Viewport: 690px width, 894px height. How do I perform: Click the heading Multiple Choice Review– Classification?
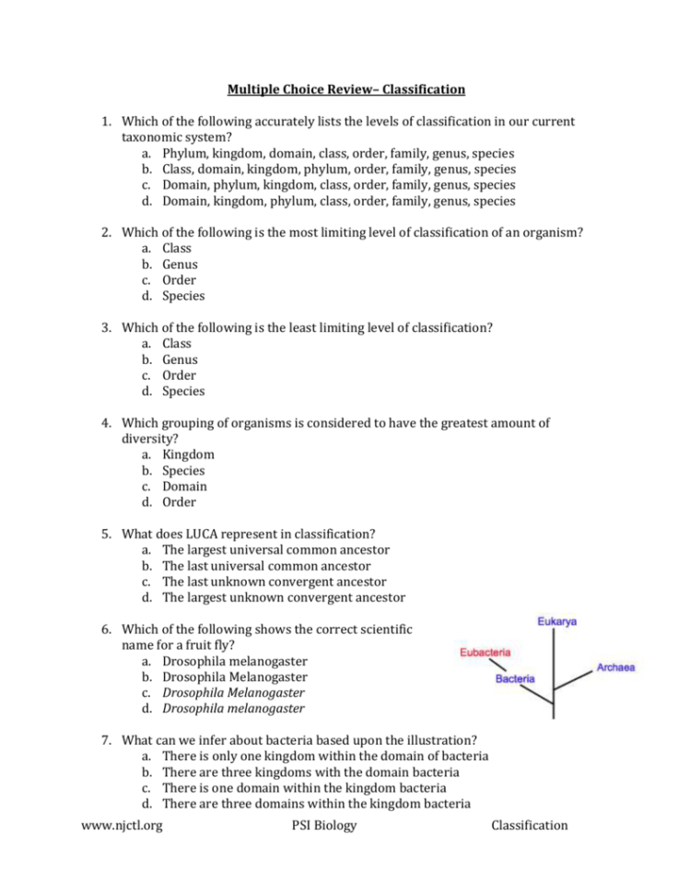(x=345, y=89)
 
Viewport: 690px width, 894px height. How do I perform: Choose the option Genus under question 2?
(x=180, y=265)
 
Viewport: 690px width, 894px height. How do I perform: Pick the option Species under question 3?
(x=183, y=391)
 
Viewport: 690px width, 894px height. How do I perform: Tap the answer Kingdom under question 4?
(x=188, y=454)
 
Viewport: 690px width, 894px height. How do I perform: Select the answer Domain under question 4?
(x=184, y=486)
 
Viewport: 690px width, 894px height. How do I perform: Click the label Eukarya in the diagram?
(x=557, y=622)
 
